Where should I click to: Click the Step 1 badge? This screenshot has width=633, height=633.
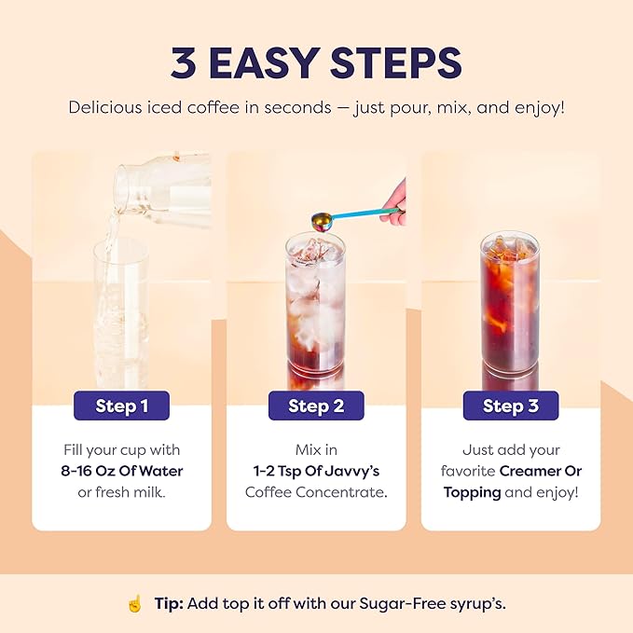point(121,406)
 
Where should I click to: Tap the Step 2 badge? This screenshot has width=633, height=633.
point(316,406)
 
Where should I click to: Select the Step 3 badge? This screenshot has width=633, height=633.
point(511,406)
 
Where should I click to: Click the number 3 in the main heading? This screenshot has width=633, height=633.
point(184,62)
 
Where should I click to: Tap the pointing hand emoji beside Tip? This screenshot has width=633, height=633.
point(134,603)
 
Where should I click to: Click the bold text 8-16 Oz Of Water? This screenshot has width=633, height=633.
point(121,471)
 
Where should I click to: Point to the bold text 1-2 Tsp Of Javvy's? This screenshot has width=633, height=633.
point(316,471)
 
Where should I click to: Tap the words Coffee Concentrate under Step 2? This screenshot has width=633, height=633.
point(316,491)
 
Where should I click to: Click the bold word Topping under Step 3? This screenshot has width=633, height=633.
point(472,491)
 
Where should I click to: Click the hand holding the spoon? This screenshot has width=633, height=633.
point(395,199)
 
